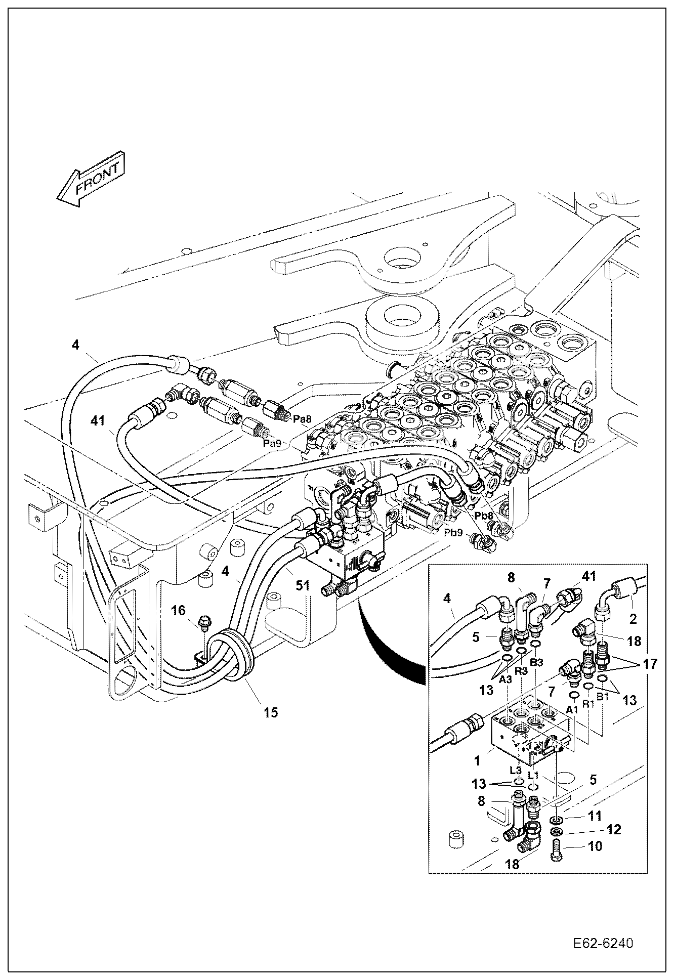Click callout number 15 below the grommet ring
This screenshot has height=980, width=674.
click(x=270, y=712)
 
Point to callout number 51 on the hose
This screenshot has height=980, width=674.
click(x=302, y=585)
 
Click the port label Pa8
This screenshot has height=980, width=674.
click(x=302, y=418)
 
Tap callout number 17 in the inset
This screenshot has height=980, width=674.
click(x=650, y=664)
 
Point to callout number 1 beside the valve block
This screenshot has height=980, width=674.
click(x=477, y=760)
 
